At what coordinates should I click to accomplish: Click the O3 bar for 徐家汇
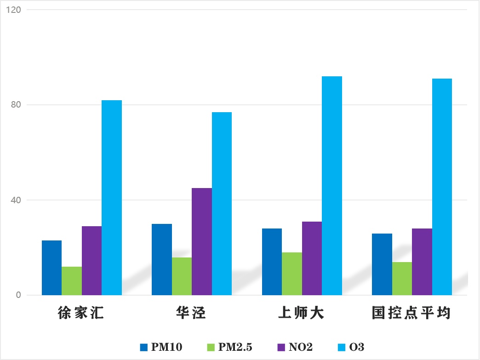coord(112,198)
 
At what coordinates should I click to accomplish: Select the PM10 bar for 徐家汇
coord(51,268)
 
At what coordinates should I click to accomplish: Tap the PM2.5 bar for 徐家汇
coord(72,281)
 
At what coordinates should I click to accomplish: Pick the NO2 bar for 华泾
coord(202,241)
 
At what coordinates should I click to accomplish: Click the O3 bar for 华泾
coord(222,204)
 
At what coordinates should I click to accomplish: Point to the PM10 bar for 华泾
coord(162,259)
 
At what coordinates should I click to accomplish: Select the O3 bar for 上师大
coord(332,186)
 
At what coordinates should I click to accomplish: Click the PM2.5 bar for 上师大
coord(292,274)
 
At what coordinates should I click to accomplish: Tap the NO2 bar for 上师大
coord(312,258)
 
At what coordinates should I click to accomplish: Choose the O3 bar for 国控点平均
coord(442,187)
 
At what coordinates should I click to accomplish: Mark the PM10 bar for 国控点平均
coord(382,264)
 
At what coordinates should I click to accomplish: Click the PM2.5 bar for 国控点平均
coord(402,279)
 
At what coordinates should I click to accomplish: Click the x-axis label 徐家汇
coord(81,314)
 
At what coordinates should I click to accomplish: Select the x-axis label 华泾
coord(191,314)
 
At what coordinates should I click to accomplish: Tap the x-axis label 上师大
coord(302,314)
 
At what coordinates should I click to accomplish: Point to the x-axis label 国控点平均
coord(411,314)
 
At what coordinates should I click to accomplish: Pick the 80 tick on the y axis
coord(16,105)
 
